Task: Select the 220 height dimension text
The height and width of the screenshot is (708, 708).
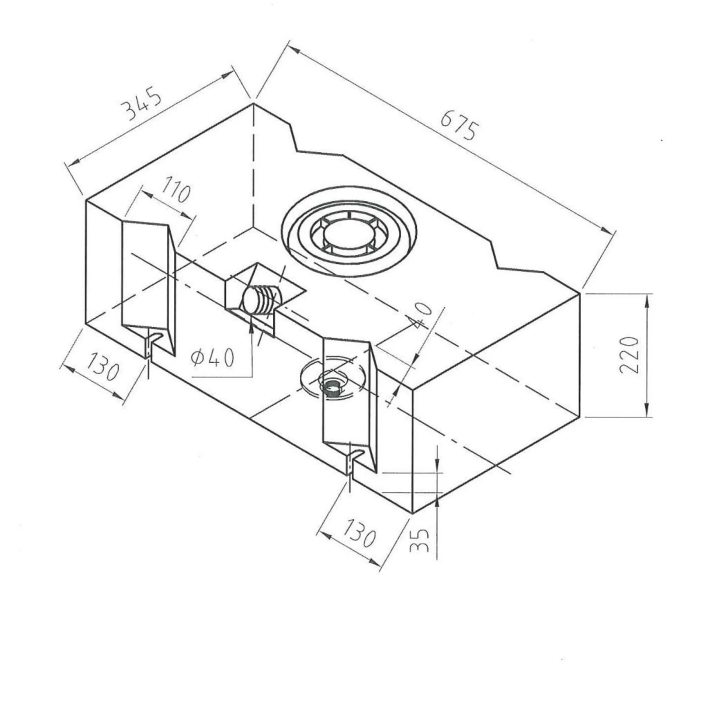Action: pos(629,355)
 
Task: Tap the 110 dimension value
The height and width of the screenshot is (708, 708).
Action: pos(176,191)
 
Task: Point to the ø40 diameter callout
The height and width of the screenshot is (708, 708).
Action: pos(213,357)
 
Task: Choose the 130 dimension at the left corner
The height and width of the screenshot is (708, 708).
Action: pos(103,367)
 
